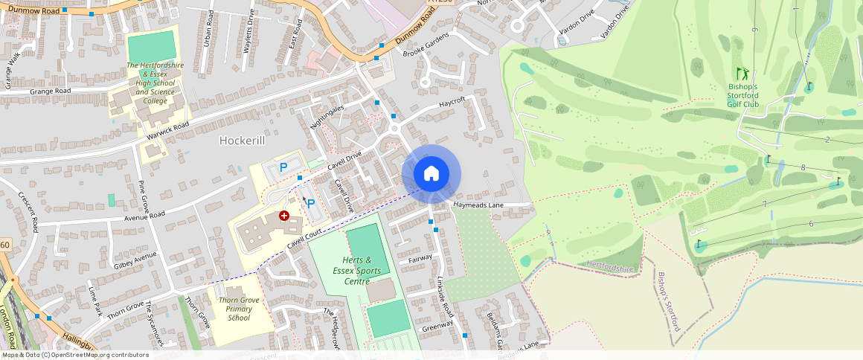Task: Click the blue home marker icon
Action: pyautogui.click(x=431, y=174)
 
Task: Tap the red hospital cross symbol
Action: pyautogui.click(x=284, y=216)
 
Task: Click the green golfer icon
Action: pyautogui.click(x=742, y=74)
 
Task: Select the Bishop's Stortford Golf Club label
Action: pyautogui.click(x=742, y=95)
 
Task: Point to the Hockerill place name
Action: pyautogui.click(x=243, y=140)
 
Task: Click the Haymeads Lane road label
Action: pyautogui.click(x=478, y=205)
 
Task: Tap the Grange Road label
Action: pyautogui.click(x=50, y=91)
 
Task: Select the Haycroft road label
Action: pyautogui.click(x=452, y=101)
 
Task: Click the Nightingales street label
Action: pyautogui.click(x=327, y=119)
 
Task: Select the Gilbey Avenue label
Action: pyautogui.click(x=135, y=260)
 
